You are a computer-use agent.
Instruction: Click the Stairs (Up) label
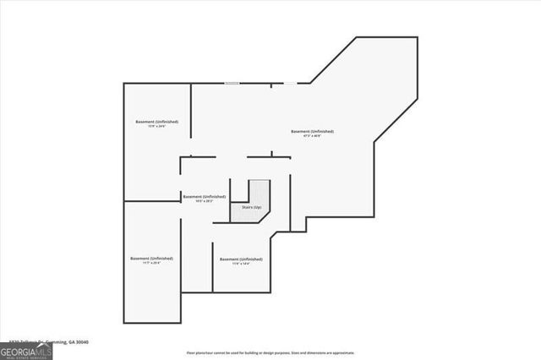252,207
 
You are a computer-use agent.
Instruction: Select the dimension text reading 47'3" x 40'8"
312,136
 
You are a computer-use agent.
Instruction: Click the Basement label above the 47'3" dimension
312,131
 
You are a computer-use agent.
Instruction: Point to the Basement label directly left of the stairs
205,196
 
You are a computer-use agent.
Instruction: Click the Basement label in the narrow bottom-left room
152,258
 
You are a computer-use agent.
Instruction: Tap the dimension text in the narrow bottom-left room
152,263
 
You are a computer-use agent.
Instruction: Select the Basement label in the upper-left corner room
157,122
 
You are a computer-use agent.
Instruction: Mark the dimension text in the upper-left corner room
157,127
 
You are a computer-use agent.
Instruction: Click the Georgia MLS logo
26,350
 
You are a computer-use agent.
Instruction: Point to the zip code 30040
82,342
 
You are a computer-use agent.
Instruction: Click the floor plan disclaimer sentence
270,352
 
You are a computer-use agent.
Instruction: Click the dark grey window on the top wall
231,83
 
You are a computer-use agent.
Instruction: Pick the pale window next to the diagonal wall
289,83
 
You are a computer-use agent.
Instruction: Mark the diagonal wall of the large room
333,59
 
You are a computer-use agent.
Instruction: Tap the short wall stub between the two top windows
271,85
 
